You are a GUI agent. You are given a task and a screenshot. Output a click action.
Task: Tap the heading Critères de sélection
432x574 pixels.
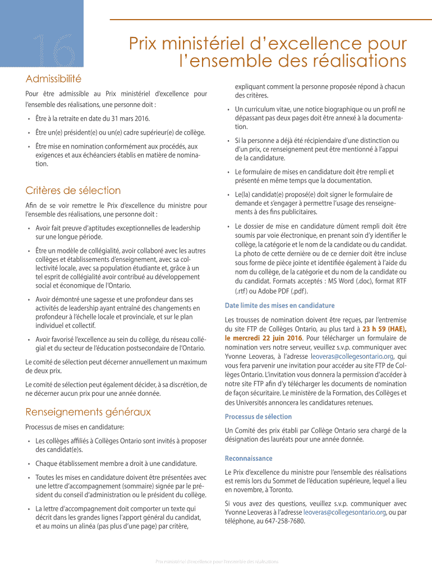click(x=73, y=191)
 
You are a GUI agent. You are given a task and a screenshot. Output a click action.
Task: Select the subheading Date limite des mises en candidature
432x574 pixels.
click(x=279, y=305)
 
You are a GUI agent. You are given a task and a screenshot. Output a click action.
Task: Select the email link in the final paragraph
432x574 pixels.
click(x=344, y=512)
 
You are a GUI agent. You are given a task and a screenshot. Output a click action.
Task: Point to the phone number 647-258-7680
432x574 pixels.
click(x=283, y=521)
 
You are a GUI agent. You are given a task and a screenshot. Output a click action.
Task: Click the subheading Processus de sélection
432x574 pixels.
click(x=258, y=416)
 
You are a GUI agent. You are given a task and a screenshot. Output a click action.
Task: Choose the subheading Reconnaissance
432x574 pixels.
click(x=249, y=458)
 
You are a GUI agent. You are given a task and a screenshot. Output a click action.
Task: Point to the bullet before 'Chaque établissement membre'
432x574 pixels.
click(x=29, y=464)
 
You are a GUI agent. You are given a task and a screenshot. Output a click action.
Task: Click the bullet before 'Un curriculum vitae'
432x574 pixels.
click(x=228, y=109)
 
